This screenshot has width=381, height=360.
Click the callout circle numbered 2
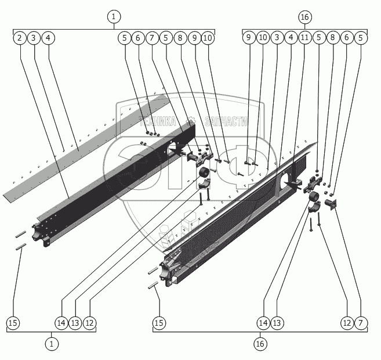point(20,38)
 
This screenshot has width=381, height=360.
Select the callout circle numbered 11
point(305,38)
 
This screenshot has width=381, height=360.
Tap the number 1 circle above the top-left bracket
point(114,17)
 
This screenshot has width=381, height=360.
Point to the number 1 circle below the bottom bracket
point(52,344)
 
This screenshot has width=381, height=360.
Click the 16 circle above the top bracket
point(305,17)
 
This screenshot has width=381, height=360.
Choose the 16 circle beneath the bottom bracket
point(260,344)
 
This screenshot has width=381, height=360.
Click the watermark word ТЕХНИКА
point(157,121)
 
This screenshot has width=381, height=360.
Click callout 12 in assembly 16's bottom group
point(347,322)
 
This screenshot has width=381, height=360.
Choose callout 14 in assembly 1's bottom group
point(62,322)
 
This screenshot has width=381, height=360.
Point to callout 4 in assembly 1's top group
point(48,38)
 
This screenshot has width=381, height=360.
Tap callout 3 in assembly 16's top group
point(277,38)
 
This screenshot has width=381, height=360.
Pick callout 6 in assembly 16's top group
point(347,38)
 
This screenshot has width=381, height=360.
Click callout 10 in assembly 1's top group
point(208,38)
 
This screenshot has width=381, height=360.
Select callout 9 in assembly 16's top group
point(248,38)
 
